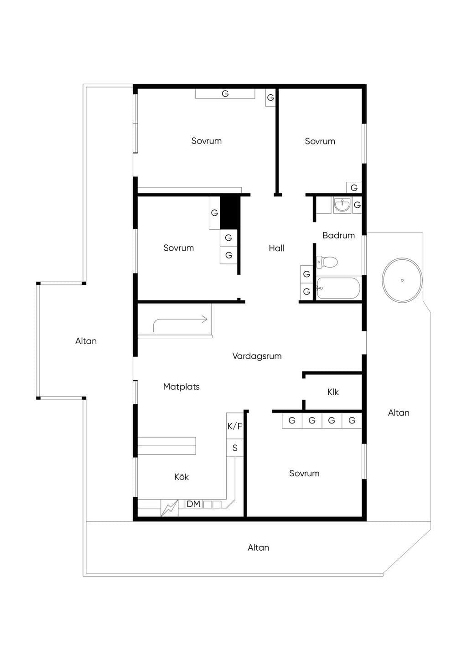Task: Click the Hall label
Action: point(276,248)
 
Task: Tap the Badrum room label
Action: point(338,235)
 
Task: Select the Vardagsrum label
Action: point(257,356)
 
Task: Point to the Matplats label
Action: point(182,387)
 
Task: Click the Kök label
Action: point(182,477)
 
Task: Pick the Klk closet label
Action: point(333,392)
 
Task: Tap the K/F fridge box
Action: point(235,426)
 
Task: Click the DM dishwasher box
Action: point(193,504)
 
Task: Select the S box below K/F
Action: point(235,448)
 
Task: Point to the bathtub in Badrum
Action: point(338,288)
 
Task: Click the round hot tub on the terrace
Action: point(402,280)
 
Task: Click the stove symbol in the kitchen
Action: point(170,508)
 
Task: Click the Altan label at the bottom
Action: point(258,547)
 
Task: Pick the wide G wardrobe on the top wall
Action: point(225,94)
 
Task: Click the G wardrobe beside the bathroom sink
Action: point(357,205)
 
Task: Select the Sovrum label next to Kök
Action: point(304,473)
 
